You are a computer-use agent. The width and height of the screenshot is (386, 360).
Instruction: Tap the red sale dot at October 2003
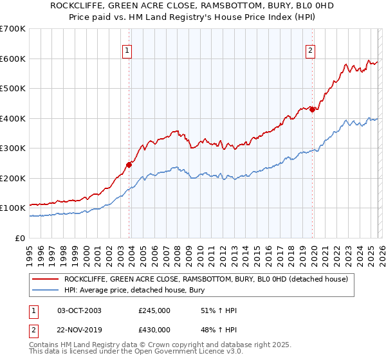coord(129,165)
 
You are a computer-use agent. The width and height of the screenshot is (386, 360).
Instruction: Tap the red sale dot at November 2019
coord(313,109)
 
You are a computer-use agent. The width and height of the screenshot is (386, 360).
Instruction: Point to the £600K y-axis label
coord(13,59)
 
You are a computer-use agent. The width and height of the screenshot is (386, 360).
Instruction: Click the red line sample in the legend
coord(45,279)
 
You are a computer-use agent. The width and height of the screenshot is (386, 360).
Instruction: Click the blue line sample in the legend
coord(45,289)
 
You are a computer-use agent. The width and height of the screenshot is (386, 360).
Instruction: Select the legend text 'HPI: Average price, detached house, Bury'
coord(142,289)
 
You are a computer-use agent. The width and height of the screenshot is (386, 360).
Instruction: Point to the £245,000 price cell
coord(154,310)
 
